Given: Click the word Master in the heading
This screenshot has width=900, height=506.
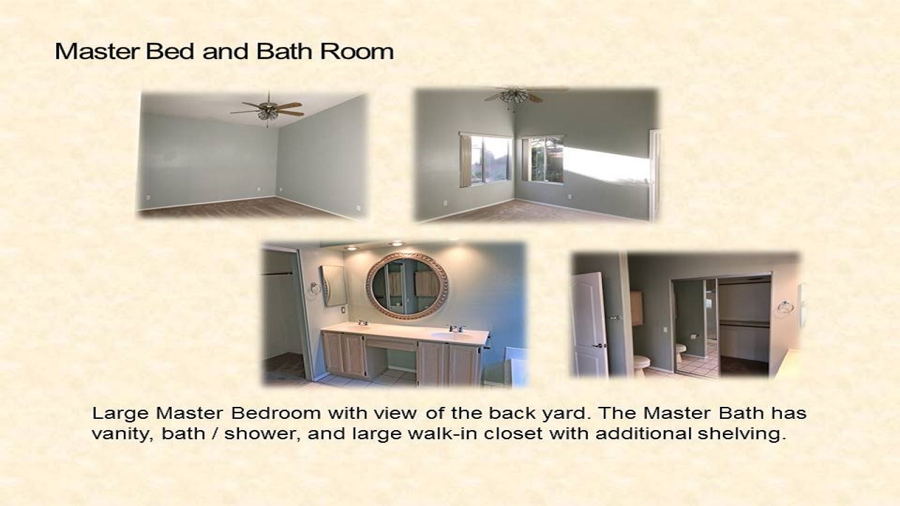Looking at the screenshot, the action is tap(98, 51).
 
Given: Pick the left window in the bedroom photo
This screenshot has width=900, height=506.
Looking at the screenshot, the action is tap(486, 160).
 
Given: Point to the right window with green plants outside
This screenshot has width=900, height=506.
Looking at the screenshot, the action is tap(543, 159).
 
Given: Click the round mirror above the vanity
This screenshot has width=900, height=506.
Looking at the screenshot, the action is tap(407, 285).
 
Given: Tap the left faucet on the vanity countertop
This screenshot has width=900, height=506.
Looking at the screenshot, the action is tap(363, 323).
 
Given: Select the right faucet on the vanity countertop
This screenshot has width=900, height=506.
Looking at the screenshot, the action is tap(457, 328).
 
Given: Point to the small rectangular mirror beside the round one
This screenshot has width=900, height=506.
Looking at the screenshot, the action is tap(333, 285).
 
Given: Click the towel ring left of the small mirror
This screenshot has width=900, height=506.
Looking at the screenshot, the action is tap(314, 288).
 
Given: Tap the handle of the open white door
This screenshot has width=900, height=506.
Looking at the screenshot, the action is tap(600, 345).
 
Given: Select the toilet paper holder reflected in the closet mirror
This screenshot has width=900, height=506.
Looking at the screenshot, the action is tap(693, 336).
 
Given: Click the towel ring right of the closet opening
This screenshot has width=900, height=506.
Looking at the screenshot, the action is tap(785, 307).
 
